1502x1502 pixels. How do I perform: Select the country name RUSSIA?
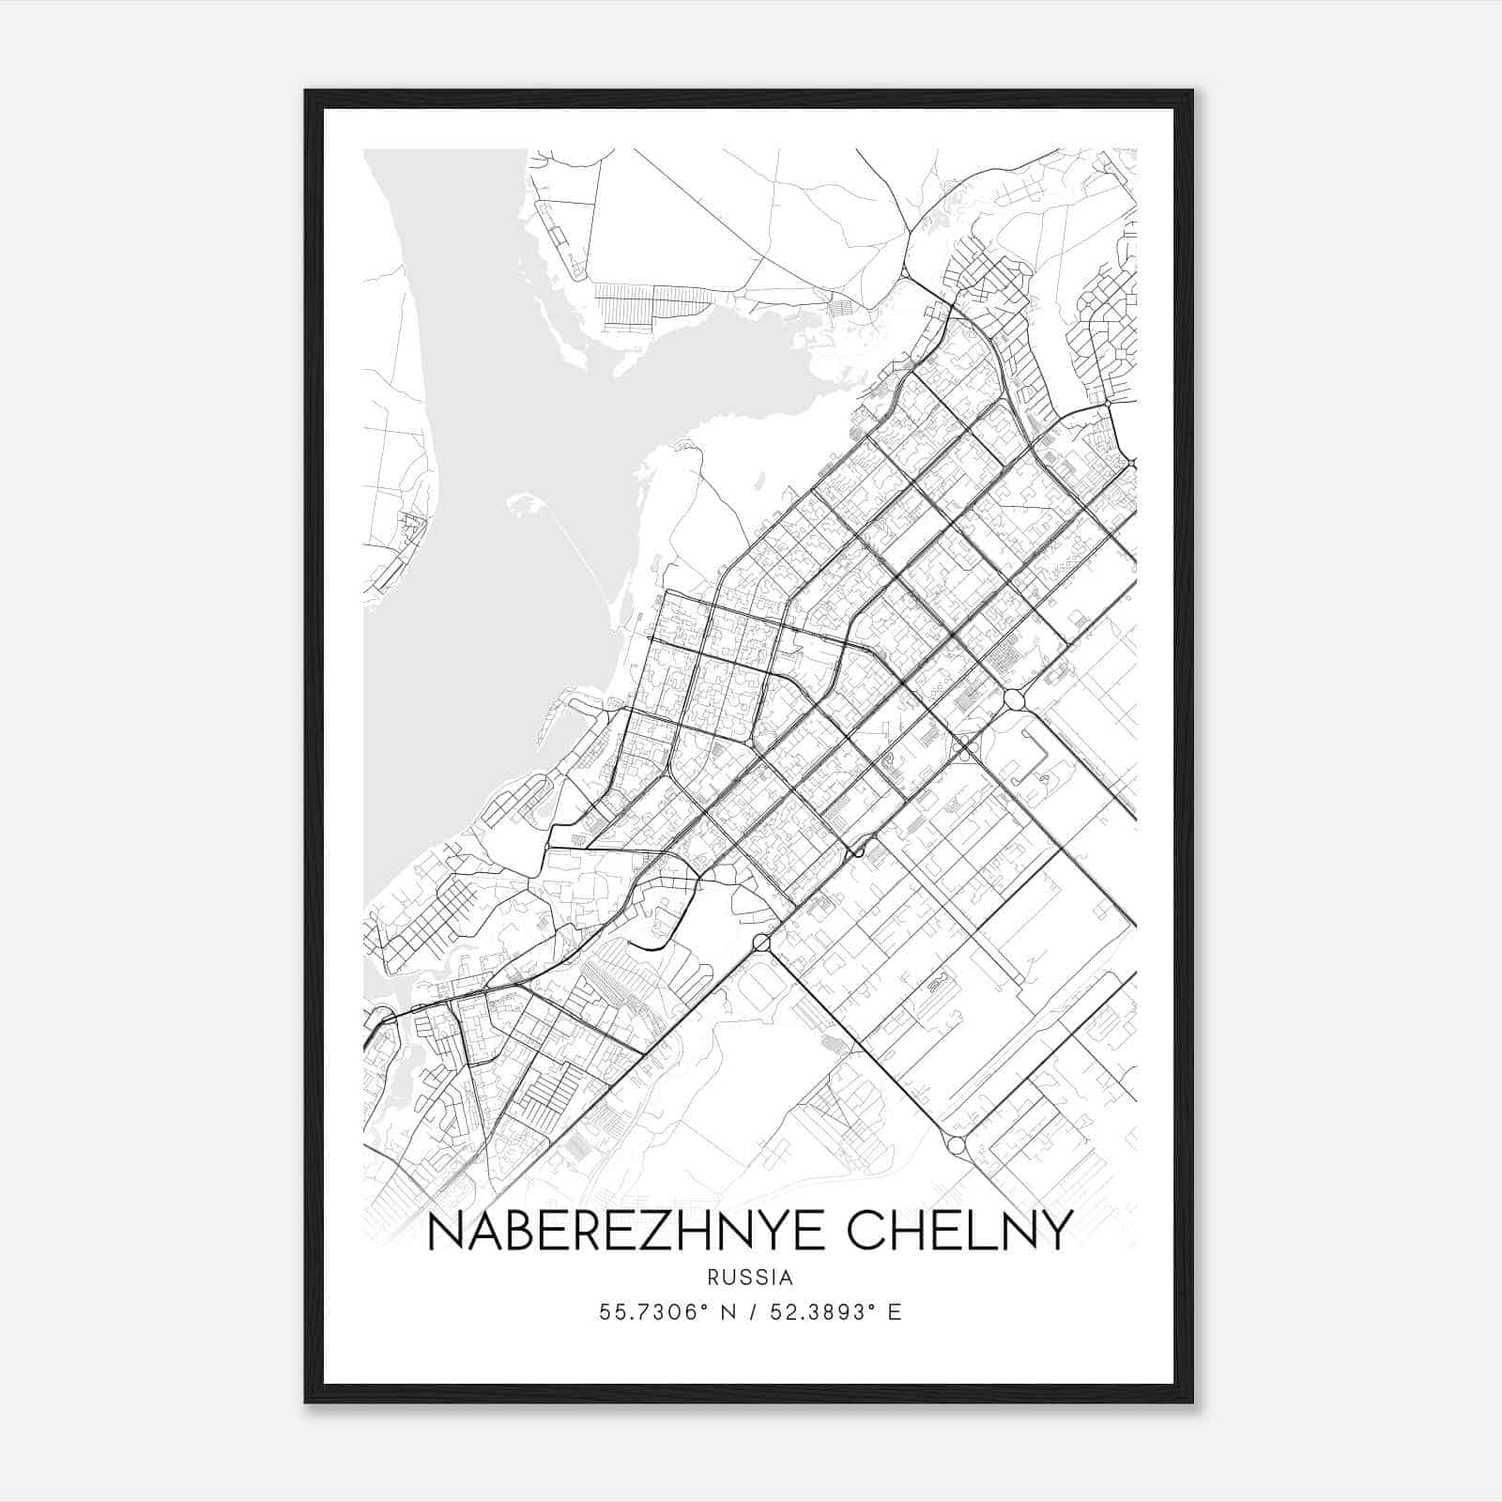[750, 1278]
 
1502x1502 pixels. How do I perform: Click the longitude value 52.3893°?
[825, 1312]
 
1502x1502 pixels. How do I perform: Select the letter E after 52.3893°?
[895, 1312]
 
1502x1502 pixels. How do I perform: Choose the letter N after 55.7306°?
[727, 1312]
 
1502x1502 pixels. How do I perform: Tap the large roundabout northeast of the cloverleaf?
[1015, 699]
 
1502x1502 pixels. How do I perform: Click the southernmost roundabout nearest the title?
[957, 1145]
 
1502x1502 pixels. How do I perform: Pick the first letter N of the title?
[444, 1231]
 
